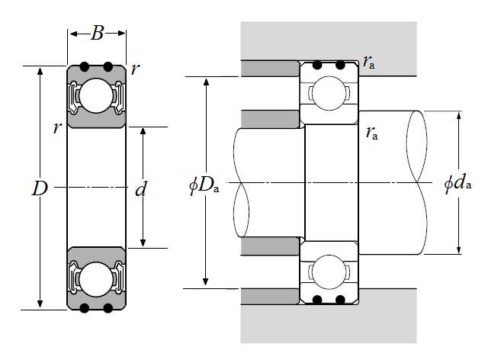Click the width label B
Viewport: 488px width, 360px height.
(98, 33)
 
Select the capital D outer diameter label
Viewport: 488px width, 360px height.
(40, 188)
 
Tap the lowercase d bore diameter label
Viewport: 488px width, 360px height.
(140, 188)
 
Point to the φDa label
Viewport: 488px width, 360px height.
(204, 185)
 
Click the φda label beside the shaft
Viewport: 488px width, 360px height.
(458, 183)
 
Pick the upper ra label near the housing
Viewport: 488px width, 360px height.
(369, 63)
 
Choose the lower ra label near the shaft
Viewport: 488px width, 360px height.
(372, 133)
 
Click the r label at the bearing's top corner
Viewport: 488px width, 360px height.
(135, 69)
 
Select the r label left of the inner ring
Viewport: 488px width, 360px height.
(57, 128)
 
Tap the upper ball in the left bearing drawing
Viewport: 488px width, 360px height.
(96, 95)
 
